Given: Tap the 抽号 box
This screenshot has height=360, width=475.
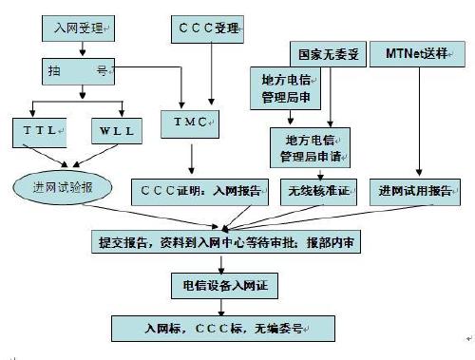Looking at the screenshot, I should [x=80, y=69].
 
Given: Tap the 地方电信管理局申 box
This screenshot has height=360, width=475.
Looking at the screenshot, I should [x=283, y=87].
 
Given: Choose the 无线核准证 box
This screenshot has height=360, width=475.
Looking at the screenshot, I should [x=319, y=190].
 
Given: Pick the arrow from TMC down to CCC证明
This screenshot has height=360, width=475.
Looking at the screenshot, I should [x=192, y=158].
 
